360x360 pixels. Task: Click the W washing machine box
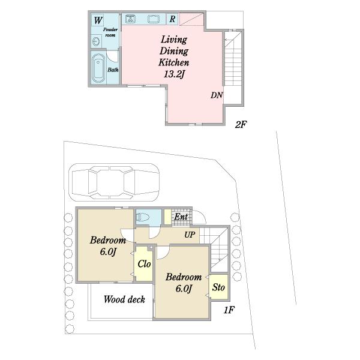[x=98, y=20]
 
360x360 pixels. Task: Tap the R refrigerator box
[x=172, y=19]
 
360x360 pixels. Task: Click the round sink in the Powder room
[x=96, y=41]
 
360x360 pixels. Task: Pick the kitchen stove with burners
[x=131, y=19]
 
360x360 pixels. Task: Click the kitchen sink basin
[x=154, y=19]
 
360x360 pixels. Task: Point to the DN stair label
[x=217, y=95]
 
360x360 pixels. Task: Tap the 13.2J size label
[x=174, y=74]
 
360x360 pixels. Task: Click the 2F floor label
[x=241, y=125]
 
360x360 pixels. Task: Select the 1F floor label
[x=229, y=310]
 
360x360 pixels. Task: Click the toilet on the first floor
[x=143, y=217]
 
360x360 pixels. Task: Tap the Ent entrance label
[x=181, y=217]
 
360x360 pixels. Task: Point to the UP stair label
[x=190, y=235]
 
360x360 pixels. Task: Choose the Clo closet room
[x=144, y=263]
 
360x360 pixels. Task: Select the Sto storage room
[x=219, y=287]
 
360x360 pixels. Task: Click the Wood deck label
[x=124, y=299]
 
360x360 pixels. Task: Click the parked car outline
[x=115, y=182]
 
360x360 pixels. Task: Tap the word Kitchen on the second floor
[x=174, y=62]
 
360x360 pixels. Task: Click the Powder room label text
[x=110, y=32]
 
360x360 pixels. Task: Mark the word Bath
[x=113, y=70]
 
